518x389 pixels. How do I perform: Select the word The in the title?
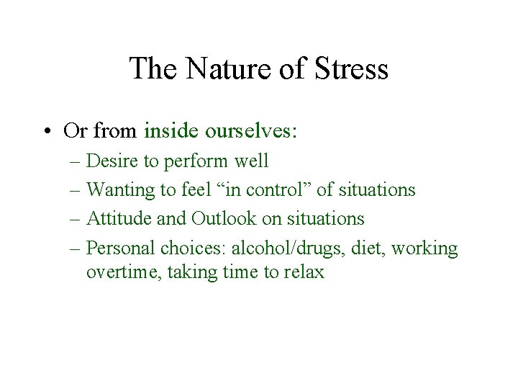(x=155, y=69)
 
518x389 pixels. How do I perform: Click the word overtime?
(x=118, y=273)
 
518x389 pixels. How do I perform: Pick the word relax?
(x=304, y=273)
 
